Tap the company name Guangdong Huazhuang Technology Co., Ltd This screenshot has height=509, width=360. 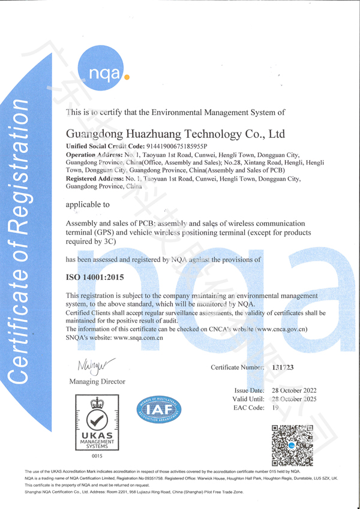(x=175, y=133)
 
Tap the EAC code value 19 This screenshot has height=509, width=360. (x=275, y=408)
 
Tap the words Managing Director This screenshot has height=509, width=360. (x=97, y=381)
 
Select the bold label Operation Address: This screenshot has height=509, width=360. (x=94, y=155)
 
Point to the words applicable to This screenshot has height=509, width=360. (x=88, y=204)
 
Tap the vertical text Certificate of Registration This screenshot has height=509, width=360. (x=19, y=240)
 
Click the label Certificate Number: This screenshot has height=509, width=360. (x=238, y=366)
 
